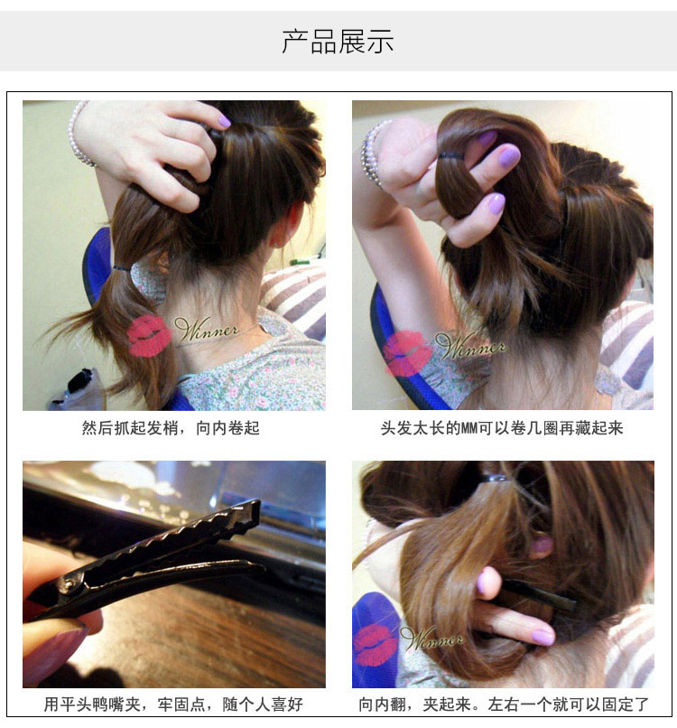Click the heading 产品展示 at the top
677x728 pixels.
338,42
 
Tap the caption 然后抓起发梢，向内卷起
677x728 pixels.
171,428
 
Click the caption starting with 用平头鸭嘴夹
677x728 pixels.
173,705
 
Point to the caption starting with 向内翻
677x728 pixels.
503,705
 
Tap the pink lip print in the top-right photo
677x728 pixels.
408,352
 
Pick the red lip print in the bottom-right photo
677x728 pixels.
375,645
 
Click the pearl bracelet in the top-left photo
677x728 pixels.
79,135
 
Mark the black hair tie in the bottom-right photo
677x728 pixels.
494,478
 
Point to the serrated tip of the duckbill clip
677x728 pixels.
244,516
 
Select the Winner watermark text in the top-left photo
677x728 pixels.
208,330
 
